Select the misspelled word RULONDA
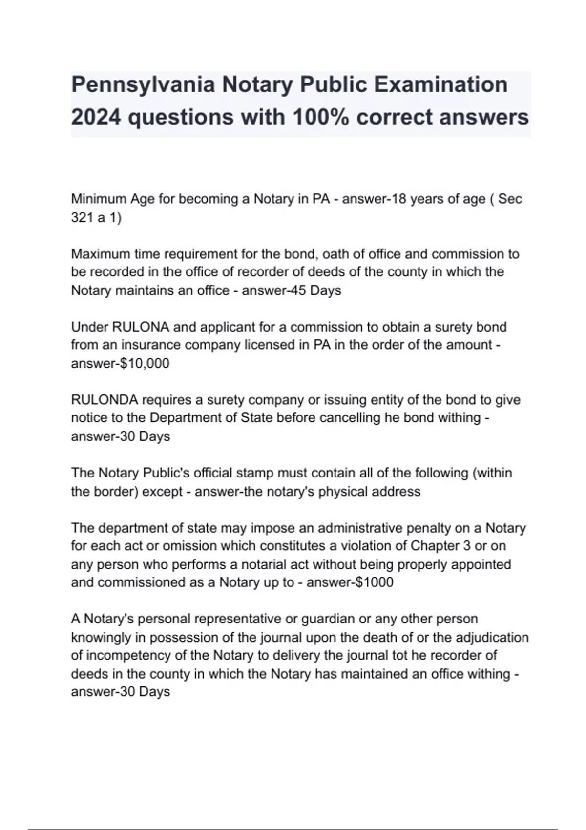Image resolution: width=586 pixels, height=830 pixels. [x=105, y=400]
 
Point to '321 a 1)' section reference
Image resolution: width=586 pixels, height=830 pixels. [x=96, y=217]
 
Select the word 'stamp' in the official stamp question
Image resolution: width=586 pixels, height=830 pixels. [x=255, y=473]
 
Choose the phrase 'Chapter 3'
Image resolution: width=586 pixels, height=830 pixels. [x=442, y=546]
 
